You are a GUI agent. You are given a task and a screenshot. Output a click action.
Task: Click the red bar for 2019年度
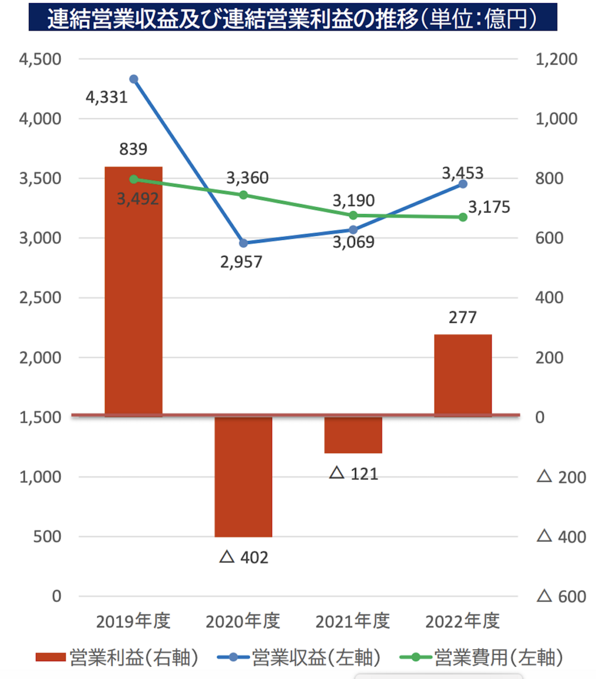click(x=134, y=291)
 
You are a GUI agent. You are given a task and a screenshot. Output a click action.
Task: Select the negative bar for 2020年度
click(x=243, y=476)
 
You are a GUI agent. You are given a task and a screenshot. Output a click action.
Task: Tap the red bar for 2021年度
click(x=353, y=435)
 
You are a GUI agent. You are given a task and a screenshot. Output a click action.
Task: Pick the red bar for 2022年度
click(x=463, y=375)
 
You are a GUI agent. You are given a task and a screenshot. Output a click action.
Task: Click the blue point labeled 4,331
click(x=134, y=79)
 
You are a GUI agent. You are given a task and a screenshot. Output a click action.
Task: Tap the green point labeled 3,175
click(x=463, y=217)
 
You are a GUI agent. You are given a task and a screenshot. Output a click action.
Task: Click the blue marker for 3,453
click(x=463, y=184)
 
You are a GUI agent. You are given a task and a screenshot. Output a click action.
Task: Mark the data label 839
click(x=133, y=149)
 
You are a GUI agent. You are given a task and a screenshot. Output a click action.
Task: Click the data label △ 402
click(x=244, y=557)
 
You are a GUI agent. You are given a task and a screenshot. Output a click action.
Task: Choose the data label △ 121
click(x=354, y=474)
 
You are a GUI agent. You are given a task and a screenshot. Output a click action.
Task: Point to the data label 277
click(x=462, y=317)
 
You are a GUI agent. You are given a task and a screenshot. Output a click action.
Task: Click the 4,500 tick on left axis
click(x=40, y=59)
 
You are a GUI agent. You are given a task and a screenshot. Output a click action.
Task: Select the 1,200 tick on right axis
click(x=556, y=59)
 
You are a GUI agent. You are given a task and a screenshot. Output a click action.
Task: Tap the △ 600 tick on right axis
click(x=561, y=596)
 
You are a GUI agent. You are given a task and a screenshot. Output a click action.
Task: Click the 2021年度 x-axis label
click(x=353, y=621)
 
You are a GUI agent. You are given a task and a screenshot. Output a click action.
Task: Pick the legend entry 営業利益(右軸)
click(x=117, y=657)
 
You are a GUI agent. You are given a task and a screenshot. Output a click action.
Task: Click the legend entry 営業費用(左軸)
click(x=482, y=657)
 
